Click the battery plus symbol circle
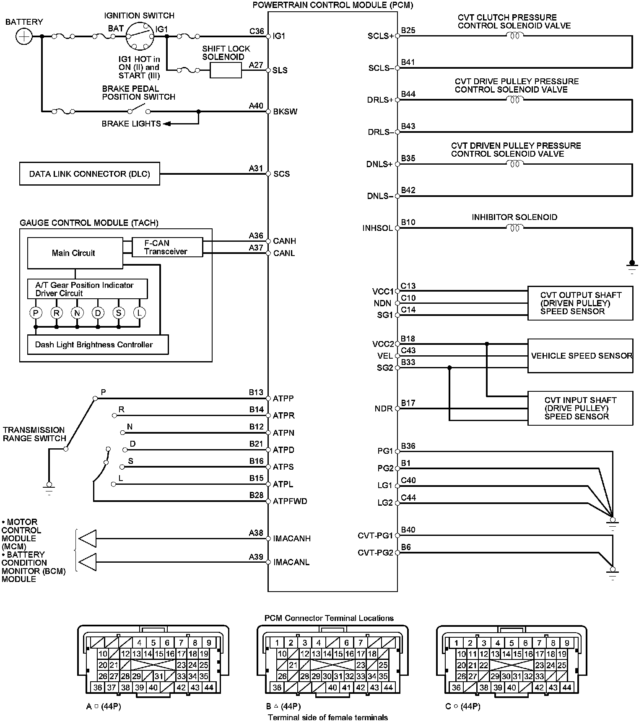pyautogui.click(x=24, y=36)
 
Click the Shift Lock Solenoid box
pyautogui.click(x=226, y=70)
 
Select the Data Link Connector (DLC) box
pyautogui.click(x=90, y=174)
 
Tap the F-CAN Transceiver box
pyautogui.click(x=167, y=247)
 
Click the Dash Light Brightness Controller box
pyautogui.click(x=98, y=345)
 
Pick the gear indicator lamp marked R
pyautogui.click(x=56, y=313)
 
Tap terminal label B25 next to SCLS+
pyautogui.click(x=408, y=30)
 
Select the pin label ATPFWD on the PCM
pyautogui.click(x=290, y=501)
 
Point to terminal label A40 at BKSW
pyautogui.click(x=256, y=106)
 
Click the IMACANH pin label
pyautogui.click(x=292, y=538)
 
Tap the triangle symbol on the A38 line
pyautogui.click(x=88, y=538)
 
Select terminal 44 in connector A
pyautogui.click(x=209, y=687)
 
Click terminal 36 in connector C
pyautogui.click(x=456, y=687)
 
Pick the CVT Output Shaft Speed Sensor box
pyautogui.click(x=580, y=303)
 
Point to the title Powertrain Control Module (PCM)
pyautogui.click(x=332, y=5)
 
